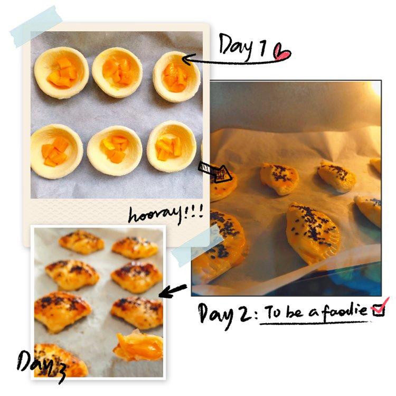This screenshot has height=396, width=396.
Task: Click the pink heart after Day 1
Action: click(x=282, y=52)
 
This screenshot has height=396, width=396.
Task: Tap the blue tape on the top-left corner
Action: click(x=36, y=27)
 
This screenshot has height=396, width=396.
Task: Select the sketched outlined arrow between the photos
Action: click(x=215, y=171)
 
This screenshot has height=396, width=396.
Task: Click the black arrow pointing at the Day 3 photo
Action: click(x=173, y=290)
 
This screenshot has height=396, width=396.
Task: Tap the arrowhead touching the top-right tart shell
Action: click(x=186, y=60)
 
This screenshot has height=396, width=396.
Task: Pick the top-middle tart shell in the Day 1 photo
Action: click(x=117, y=72)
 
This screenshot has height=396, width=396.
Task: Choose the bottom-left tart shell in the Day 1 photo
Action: click(x=56, y=152)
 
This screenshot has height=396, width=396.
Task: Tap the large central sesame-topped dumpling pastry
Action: click(x=313, y=232)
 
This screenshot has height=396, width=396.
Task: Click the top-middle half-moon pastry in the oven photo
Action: click(x=280, y=178)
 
